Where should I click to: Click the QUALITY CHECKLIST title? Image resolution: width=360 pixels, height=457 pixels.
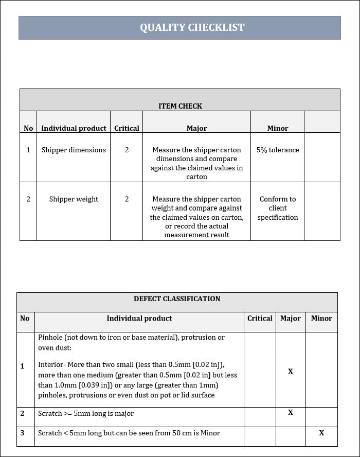tap(192, 27)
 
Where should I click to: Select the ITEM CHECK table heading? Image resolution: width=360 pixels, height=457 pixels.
tap(180, 106)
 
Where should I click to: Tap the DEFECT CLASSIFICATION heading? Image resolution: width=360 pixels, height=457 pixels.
tap(177, 298)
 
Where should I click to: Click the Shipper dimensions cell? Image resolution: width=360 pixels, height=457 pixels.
tap(74, 150)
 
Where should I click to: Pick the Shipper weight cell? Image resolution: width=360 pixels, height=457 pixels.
tap(74, 199)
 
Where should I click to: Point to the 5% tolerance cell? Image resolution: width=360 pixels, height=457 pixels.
tap(278, 150)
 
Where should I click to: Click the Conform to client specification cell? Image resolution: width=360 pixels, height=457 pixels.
tap(278, 208)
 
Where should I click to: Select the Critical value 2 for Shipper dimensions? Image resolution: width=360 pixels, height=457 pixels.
tap(127, 150)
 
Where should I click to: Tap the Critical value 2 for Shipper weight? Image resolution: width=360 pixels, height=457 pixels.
tap(127, 199)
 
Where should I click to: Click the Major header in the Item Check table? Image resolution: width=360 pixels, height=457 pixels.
tap(196, 128)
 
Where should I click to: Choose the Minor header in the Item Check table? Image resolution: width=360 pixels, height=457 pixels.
tap(278, 128)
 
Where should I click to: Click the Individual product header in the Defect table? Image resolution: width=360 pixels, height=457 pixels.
tap(139, 319)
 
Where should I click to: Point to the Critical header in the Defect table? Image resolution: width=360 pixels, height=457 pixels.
tap(260, 319)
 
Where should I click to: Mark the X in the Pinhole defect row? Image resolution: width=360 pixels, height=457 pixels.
tap(291, 371)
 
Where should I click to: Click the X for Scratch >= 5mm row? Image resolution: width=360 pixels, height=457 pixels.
tap(291, 413)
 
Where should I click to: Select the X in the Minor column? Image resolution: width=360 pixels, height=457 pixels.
tap(321, 433)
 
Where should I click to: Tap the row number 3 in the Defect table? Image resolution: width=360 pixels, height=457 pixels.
tap(22, 433)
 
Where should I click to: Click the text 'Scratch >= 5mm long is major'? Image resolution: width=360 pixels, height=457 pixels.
tap(86, 413)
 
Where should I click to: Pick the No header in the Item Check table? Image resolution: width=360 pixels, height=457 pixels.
tap(28, 128)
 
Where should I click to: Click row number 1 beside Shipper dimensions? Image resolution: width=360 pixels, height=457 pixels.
tap(28, 150)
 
